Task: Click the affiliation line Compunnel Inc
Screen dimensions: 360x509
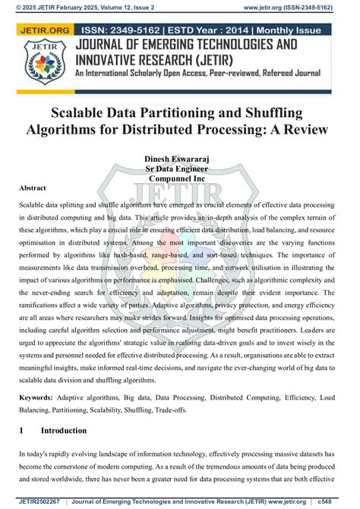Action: click(x=180, y=179)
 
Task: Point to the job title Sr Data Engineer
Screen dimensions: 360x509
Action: click(x=180, y=168)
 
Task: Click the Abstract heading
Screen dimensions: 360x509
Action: click(x=33, y=188)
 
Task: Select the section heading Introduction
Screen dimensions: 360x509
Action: click(x=64, y=431)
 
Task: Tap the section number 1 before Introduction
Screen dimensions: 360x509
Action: click(x=22, y=431)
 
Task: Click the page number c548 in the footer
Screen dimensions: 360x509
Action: click(x=346, y=502)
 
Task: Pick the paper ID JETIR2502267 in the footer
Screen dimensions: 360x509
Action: click(x=37, y=502)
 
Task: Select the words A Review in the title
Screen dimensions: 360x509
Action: click(x=275, y=129)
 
